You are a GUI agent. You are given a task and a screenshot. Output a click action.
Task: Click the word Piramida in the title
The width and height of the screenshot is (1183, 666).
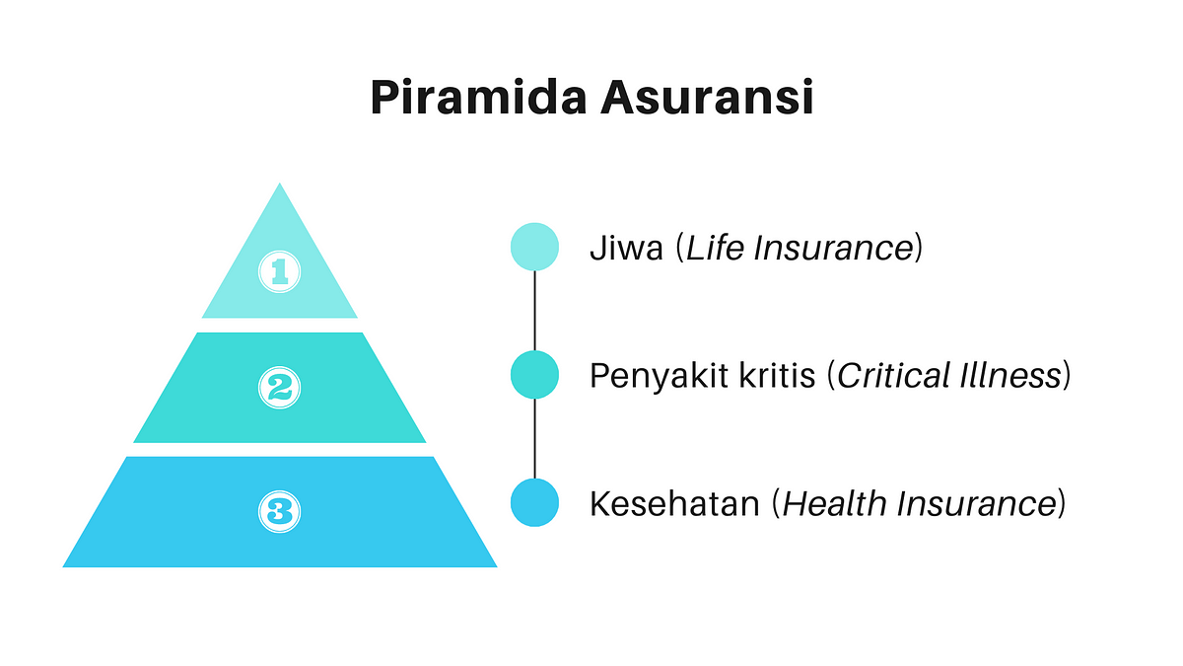pyautogui.click(x=478, y=97)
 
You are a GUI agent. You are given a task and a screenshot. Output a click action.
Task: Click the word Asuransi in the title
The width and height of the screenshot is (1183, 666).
pyautogui.click(x=707, y=97)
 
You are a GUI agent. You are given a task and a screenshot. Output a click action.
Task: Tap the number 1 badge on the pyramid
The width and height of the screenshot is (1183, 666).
pyautogui.click(x=279, y=271)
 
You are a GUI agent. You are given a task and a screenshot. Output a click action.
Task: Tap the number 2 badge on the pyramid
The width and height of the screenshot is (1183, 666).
pyautogui.click(x=279, y=388)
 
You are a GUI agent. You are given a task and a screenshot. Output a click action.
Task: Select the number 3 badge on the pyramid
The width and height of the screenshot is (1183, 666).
pyautogui.click(x=279, y=511)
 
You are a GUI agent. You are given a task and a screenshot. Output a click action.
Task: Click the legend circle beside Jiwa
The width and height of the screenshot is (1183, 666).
pyautogui.click(x=534, y=247)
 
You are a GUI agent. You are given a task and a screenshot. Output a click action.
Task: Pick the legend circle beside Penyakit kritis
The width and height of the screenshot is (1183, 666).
pyautogui.click(x=534, y=375)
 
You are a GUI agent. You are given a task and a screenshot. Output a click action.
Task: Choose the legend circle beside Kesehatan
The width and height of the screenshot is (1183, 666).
pyautogui.click(x=534, y=502)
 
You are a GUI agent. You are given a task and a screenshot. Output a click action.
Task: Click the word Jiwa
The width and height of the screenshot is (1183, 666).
pyautogui.click(x=626, y=248)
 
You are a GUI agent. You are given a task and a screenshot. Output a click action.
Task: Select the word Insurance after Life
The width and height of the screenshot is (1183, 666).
pyautogui.click(x=833, y=248)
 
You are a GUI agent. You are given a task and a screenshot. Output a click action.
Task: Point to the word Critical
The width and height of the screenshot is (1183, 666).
pyautogui.click(x=893, y=375)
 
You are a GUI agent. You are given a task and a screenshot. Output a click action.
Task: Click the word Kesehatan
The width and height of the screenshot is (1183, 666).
pyautogui.click(x=674, y=503)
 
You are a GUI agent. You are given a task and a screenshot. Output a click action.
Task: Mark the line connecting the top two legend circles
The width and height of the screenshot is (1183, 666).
pyautogui.click(x=534, y=311)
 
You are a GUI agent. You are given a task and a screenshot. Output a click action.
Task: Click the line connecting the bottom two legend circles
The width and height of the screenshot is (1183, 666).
pyautogui.click(x=534, y=439)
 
